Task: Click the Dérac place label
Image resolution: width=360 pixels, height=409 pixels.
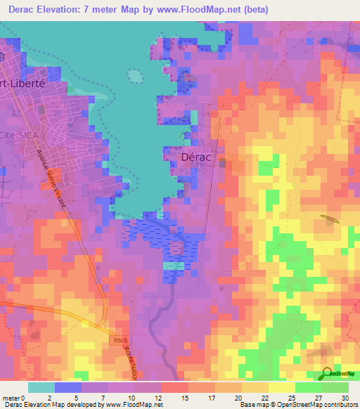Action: [x=198, y=158]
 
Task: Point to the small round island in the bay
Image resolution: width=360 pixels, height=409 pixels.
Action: [x=135, y=75]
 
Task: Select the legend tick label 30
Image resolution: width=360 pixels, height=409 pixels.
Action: [x=345, y=397]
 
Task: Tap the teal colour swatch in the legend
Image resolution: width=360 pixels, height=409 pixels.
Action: [x=41, y=387]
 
